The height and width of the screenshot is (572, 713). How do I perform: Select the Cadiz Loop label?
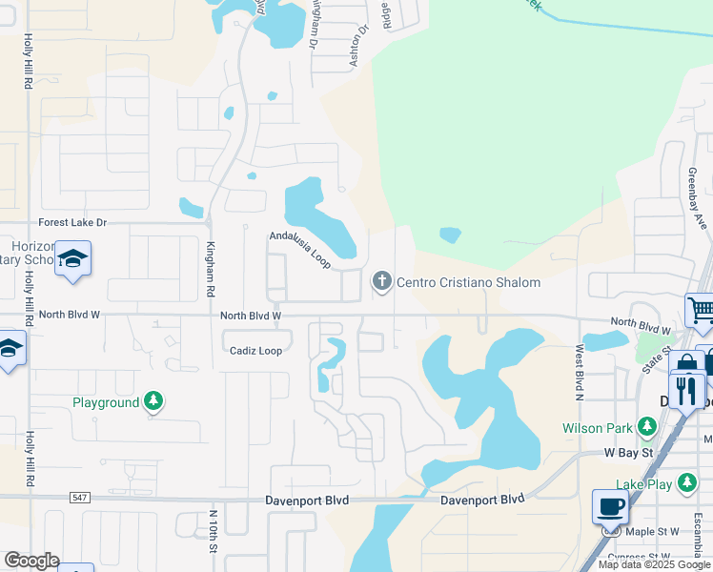tap(255, 351)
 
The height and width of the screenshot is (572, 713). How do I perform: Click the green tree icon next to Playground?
tap(153, 402)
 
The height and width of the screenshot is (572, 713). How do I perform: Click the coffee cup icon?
tap(610, 505)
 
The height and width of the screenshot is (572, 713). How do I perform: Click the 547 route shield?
tap(79, 499)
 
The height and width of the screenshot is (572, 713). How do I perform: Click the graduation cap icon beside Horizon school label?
tap(72, 259)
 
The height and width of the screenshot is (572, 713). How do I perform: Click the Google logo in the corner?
tap(31, 561)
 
